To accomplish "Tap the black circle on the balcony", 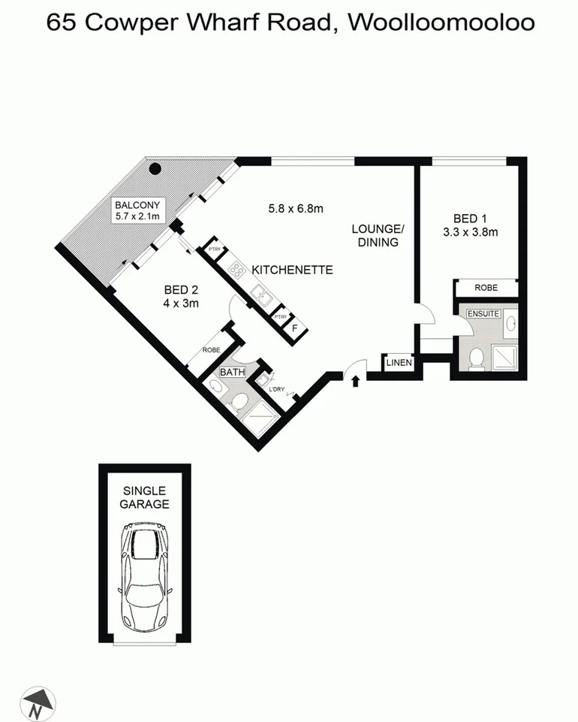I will [155, 168].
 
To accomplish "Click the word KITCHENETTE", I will [292, 270].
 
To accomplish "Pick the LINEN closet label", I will [399, 363].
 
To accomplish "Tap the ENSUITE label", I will [483, 313].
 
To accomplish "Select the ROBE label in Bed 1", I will [486, 287].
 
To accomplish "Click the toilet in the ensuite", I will [474, 359].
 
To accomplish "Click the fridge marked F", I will [294, 328].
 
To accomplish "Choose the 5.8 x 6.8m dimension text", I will [295, 209].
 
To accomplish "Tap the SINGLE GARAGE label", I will [144, 497].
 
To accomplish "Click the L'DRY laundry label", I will [276, 388].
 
